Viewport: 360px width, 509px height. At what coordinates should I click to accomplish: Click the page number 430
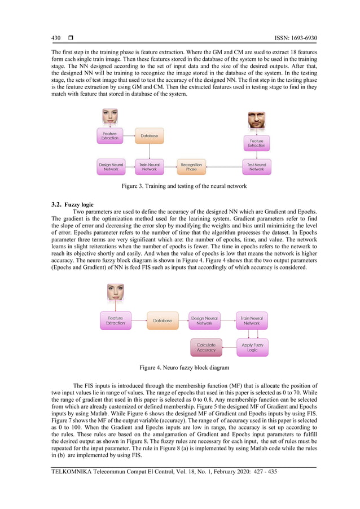tap(55, 38)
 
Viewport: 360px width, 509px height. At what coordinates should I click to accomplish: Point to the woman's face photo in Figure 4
tap(115, 292)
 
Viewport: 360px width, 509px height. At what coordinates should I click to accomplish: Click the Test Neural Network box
tap(257, 166)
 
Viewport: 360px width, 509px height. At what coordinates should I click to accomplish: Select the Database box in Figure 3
tap(149, 136)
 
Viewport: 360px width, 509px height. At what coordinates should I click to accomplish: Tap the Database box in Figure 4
tap(163, 321)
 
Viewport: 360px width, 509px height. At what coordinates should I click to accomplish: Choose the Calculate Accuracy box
tap(206, 348)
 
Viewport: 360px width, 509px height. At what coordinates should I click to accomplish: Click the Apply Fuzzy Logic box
tap(252, 348)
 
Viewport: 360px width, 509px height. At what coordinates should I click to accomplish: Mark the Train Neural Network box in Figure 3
tap(149, 166)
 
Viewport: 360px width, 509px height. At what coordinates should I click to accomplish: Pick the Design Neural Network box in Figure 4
tap(204, 321)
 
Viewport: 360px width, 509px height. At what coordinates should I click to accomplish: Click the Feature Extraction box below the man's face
tap(257, 143)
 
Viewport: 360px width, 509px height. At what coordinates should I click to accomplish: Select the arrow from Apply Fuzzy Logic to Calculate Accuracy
tap(229, 348)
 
